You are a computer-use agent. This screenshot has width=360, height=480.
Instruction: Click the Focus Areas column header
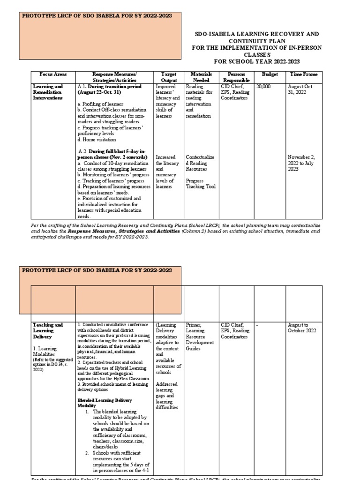point(53,74)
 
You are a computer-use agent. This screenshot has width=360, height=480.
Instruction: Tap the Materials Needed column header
point(202,77)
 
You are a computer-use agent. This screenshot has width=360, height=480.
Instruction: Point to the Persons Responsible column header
point(236,77)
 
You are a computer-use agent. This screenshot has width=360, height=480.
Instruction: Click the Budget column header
point(270,74)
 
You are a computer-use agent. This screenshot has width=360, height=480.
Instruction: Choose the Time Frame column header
point(304,74)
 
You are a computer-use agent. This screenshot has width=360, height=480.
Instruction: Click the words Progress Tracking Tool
point(201,183)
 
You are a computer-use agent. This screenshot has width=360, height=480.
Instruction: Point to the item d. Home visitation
point(97,139)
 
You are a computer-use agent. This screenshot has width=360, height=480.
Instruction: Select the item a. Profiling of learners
point(100,104)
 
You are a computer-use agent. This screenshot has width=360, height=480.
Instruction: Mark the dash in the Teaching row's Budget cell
point(256,324)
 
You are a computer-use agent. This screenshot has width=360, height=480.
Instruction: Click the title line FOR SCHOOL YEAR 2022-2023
point(256,61)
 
